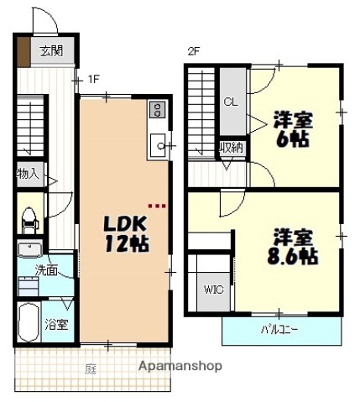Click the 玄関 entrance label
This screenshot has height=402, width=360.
[x=50, y=51]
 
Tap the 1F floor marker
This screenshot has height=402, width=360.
[x=94, y=80]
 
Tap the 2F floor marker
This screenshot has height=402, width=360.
[x=194, y=51]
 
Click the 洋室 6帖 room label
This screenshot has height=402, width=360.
[x=293, y=129]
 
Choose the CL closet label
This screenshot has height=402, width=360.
[x=230, y=102]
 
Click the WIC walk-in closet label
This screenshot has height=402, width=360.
[x=210, y=290]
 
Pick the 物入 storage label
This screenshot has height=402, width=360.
[x=27, y=175]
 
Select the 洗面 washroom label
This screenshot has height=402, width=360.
[x=46, y=270]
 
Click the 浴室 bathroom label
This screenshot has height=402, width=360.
[x=58, y=321]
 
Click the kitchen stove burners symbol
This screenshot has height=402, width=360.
[x=157, y=110]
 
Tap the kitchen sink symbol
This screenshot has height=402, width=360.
[x=158, y=145]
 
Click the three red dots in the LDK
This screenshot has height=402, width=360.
[x=156, y=204]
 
